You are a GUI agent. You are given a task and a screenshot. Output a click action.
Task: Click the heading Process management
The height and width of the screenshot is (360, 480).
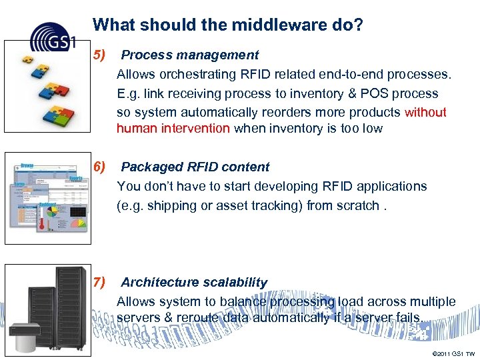coord(190,55)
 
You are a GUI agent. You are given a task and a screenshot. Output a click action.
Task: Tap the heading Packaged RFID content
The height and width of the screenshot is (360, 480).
coord(195,167)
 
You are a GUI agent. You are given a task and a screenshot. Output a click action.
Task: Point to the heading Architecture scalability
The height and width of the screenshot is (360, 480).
coord(194,282)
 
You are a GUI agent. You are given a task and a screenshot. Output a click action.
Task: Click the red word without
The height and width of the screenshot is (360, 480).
coord(425,112)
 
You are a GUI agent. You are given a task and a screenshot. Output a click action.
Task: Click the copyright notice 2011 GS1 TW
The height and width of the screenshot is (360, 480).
coord(453,353)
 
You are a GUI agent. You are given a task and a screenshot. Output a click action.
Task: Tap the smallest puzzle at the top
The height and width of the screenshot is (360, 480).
coord(26,58)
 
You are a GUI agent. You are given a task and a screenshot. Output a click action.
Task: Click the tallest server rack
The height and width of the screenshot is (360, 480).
coord(70,300)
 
